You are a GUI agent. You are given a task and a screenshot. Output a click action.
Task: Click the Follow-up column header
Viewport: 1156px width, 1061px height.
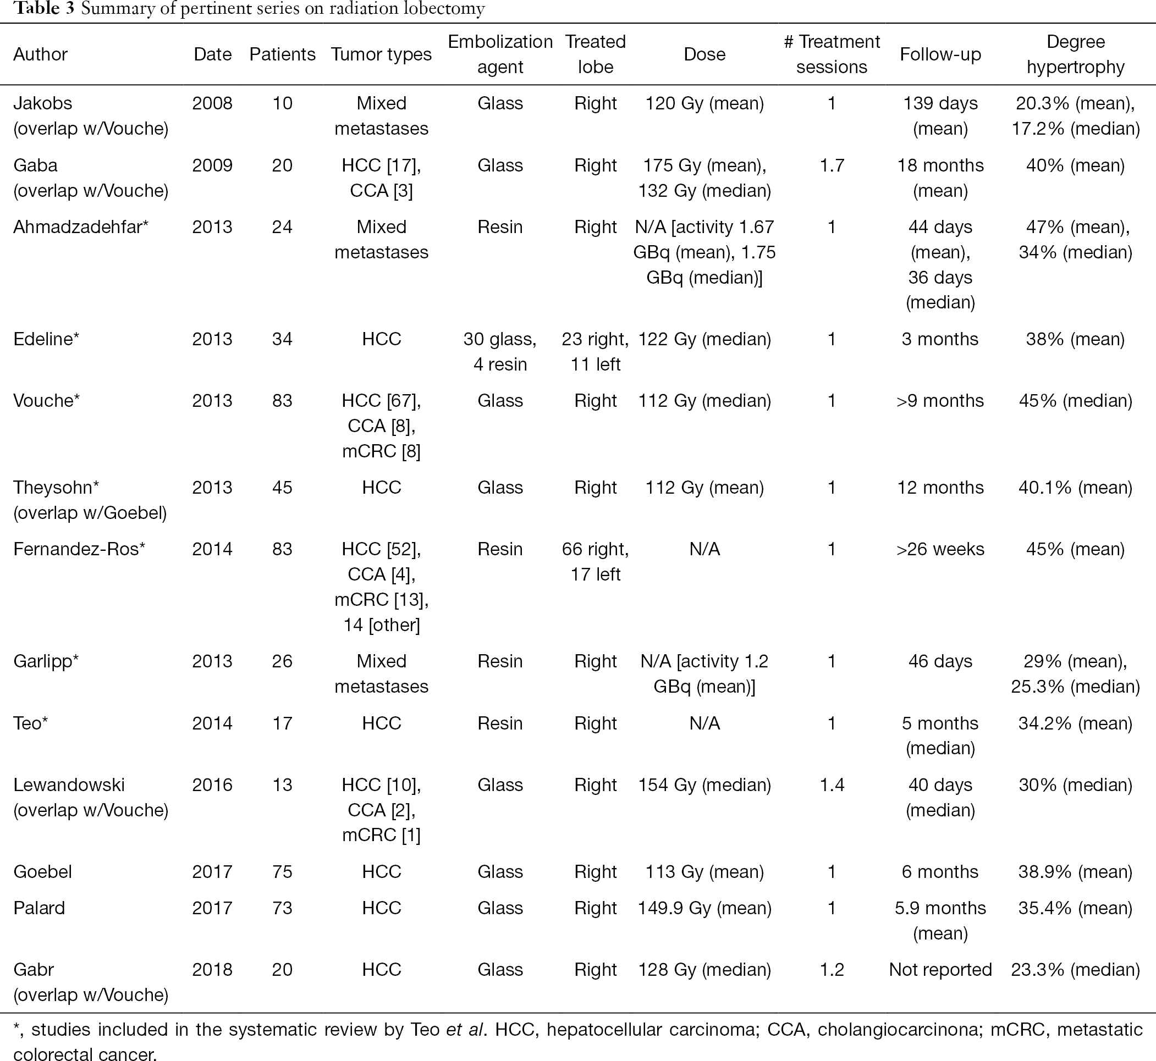(x=940, y=54)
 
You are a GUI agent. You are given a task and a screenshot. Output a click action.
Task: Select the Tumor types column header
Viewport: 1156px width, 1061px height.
(x=381, y=54)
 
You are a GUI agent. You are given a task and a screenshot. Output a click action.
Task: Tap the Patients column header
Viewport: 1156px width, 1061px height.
(x=283, y=54)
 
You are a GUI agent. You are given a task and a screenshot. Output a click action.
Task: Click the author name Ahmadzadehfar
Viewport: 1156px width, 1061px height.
(x=81, y=228)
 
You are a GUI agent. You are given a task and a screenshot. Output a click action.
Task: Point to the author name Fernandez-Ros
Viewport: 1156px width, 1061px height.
(x=79, y=549)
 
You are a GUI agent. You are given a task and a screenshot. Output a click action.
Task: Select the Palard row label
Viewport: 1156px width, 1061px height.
(x=39, y=908)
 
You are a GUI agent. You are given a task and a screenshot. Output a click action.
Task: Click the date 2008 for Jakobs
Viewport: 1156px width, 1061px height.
(x=212, y=103)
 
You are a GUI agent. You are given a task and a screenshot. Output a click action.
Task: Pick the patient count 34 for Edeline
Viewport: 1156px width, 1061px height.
(x=283, y=339)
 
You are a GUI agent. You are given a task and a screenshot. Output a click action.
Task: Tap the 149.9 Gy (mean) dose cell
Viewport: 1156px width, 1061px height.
(x=704, y=908)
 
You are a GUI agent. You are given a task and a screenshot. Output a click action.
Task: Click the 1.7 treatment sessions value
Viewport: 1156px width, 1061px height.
(x=832, y=165)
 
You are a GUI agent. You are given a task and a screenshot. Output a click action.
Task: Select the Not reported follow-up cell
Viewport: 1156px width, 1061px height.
(x=940, y=970)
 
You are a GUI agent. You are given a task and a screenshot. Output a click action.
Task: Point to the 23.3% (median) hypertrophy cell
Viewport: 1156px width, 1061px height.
(x=1076, y=970)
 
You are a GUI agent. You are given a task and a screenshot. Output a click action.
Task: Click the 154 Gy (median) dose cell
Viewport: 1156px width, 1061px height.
(x=704, y=785)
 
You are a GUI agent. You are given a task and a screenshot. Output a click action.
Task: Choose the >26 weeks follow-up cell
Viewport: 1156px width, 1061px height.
(x=940, y=549)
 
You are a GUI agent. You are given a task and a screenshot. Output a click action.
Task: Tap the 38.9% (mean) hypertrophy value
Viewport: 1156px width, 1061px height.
(x=1076, y=872)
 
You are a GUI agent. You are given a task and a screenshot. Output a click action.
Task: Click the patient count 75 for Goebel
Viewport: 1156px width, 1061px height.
(x=283, y=872)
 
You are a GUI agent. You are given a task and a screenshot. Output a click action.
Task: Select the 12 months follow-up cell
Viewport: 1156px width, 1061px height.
(x=940, y=488)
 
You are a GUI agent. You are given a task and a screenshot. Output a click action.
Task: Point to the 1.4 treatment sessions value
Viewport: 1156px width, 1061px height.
(x=832, y=785)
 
